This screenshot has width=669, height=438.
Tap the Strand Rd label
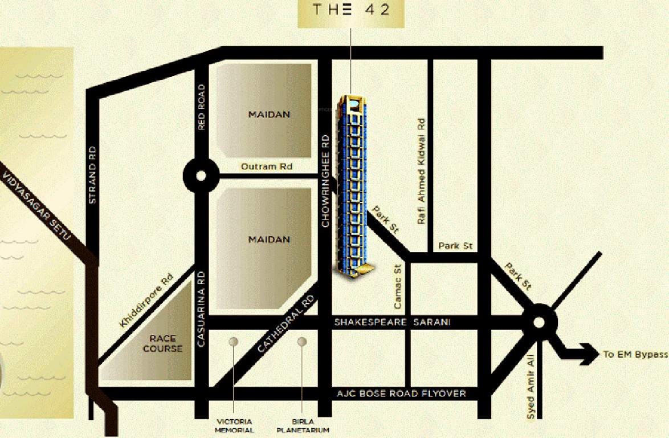tap(93, 175)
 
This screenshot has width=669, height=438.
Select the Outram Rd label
tap(267, 167)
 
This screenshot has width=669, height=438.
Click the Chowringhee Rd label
tap(325, 181)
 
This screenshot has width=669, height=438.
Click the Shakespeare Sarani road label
tap(392, 322)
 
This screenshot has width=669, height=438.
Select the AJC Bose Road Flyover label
tap(401, 394)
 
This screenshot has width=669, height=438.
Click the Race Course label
tap(163, 343)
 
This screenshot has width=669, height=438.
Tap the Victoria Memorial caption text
tap(234, 426)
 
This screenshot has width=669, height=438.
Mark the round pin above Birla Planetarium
tap(302, 342)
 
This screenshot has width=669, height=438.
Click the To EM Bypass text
tap(635, 354)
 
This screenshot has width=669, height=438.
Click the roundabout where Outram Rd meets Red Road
tap(201, 176)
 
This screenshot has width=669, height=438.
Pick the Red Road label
tap(201, 107)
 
